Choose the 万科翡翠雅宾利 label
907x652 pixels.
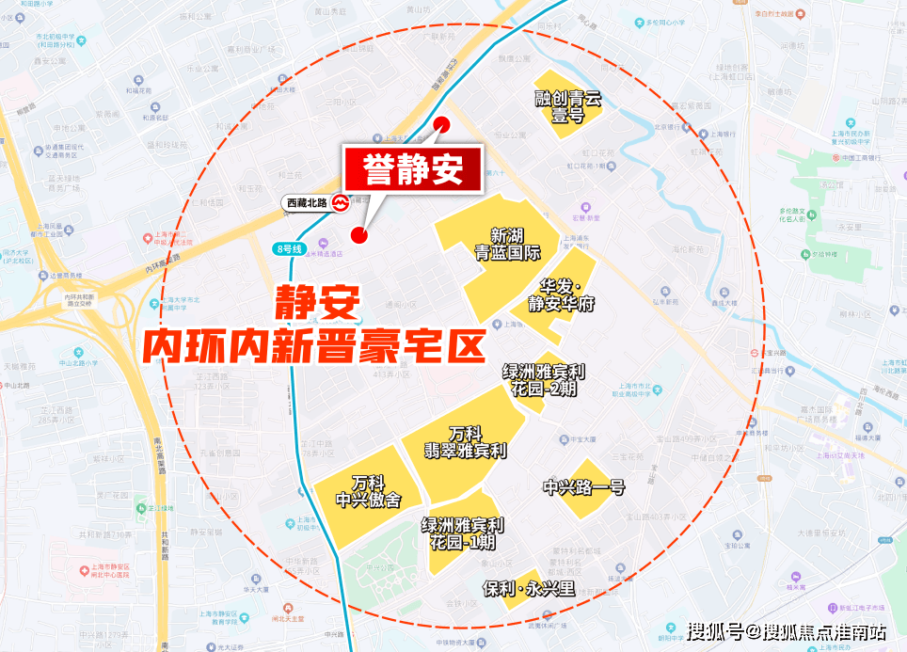point(465,442)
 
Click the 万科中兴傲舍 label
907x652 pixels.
point(368,491)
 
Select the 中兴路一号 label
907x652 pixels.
point(584,487)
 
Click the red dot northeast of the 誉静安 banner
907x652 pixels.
point(443,124)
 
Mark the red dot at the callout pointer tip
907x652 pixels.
point(358,234)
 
